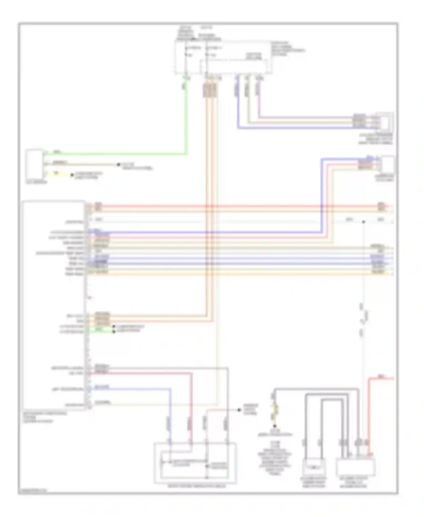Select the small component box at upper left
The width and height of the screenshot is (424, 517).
click(x=34, y=164)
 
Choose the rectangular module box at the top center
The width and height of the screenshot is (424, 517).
click(x=223, y=58)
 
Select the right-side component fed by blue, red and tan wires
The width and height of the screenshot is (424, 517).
click(x=388, y=165)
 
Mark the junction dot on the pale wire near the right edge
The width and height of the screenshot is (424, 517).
click(x=364, y=222)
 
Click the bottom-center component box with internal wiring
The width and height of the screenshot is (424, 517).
click(x=195, y=463)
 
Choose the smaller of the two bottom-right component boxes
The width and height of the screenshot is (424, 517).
click(x=314, y=467)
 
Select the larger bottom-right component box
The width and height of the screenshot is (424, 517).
click(x=355, y=467)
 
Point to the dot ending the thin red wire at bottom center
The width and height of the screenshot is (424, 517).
click(x=239, y=410)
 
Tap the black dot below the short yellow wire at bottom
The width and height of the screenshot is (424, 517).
click(x=274, y=426)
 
